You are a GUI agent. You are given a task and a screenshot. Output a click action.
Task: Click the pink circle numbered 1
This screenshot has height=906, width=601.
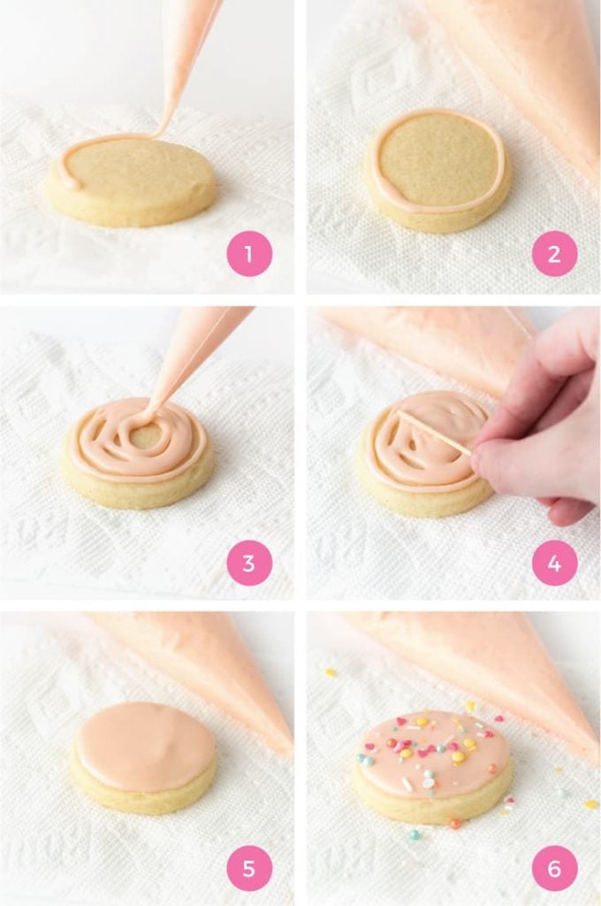249,254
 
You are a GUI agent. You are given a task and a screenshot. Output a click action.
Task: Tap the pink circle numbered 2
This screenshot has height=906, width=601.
554,254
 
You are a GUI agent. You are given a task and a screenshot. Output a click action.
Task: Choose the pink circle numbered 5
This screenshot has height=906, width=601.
249,869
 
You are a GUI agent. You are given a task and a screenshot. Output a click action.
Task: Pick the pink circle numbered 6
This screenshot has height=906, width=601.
554,869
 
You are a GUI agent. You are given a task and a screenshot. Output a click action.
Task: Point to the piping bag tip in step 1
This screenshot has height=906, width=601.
162,130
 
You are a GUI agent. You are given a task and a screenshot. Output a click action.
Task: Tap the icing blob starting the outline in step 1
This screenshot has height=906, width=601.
70,181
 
